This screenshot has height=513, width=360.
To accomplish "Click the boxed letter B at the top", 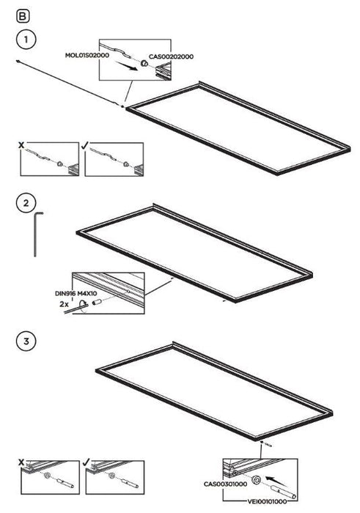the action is (x=23, y=16).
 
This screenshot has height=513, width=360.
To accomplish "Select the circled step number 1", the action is (x=26, y=40).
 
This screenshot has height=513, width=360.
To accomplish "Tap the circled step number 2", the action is (x=26, y=202).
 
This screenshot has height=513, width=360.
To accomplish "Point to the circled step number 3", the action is (x=26, y=342).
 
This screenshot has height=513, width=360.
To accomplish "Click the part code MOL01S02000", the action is (x=87, y=55).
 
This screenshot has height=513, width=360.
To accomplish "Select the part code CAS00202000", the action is (x=171, y=56).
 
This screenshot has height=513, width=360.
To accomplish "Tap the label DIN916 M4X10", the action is (x=76, y=294).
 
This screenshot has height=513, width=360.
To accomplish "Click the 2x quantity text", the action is (x=64, y=304).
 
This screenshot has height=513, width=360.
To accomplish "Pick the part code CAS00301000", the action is (x=226, y=484).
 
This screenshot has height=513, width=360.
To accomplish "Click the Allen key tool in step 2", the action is (x=36, y=234).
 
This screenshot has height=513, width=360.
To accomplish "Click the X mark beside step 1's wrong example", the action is (x=21, y=145).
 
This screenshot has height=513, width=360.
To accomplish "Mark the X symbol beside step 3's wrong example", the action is (x=21, y=462).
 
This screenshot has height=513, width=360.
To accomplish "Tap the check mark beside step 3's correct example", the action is (x=87, y=462).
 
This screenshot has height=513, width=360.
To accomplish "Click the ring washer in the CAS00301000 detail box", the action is (x=256, y=480).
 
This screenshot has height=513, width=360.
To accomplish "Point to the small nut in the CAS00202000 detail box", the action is (x=144, y=63).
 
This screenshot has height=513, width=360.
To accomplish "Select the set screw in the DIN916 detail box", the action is (x=96, y=303).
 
